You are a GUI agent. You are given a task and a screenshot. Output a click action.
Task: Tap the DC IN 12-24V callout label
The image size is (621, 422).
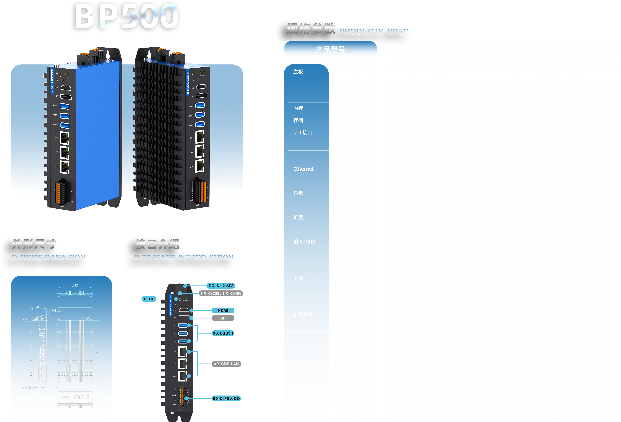click(221, 286)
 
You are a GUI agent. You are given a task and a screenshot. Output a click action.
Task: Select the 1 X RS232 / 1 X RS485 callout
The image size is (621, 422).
click(221, 293)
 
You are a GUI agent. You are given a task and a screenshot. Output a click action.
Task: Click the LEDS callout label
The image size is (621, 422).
click(149, 299)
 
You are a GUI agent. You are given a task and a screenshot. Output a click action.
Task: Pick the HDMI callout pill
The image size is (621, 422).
click(223, 310)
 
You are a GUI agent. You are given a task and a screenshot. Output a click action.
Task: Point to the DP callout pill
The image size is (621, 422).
click(223, 318)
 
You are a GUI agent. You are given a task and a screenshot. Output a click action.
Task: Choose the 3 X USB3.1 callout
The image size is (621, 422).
click(223, 333)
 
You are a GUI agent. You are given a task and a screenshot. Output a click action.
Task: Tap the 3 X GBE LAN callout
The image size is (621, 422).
click(226, 364)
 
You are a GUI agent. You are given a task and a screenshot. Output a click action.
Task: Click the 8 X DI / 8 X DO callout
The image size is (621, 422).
click(226, 398)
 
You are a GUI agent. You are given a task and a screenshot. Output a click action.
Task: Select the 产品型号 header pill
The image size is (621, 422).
click(330, 49)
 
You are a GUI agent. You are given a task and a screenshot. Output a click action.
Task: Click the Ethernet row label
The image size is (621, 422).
click(303, 169)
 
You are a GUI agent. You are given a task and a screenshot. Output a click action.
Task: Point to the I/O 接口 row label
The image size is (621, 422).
click(303, 132)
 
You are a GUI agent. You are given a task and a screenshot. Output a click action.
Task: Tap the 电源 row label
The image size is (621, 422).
click(298, 278)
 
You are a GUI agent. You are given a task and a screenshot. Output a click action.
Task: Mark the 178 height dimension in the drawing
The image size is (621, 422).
click(99, 351)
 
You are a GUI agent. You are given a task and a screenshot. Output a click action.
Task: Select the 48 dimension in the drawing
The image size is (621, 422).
click(38, 307)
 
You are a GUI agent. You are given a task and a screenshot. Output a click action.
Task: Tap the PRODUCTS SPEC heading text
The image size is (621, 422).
click(374, 32)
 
